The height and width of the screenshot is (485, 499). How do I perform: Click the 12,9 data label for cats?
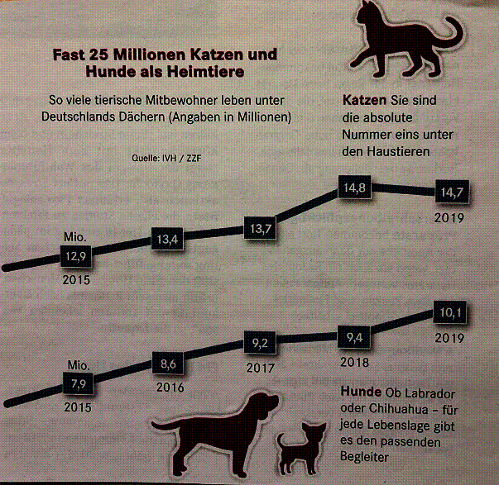[72, 257]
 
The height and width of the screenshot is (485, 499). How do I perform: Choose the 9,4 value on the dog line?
[354, 336]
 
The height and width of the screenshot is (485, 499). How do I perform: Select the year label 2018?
[354, 360]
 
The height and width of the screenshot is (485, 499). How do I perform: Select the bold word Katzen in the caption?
[361, 101]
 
